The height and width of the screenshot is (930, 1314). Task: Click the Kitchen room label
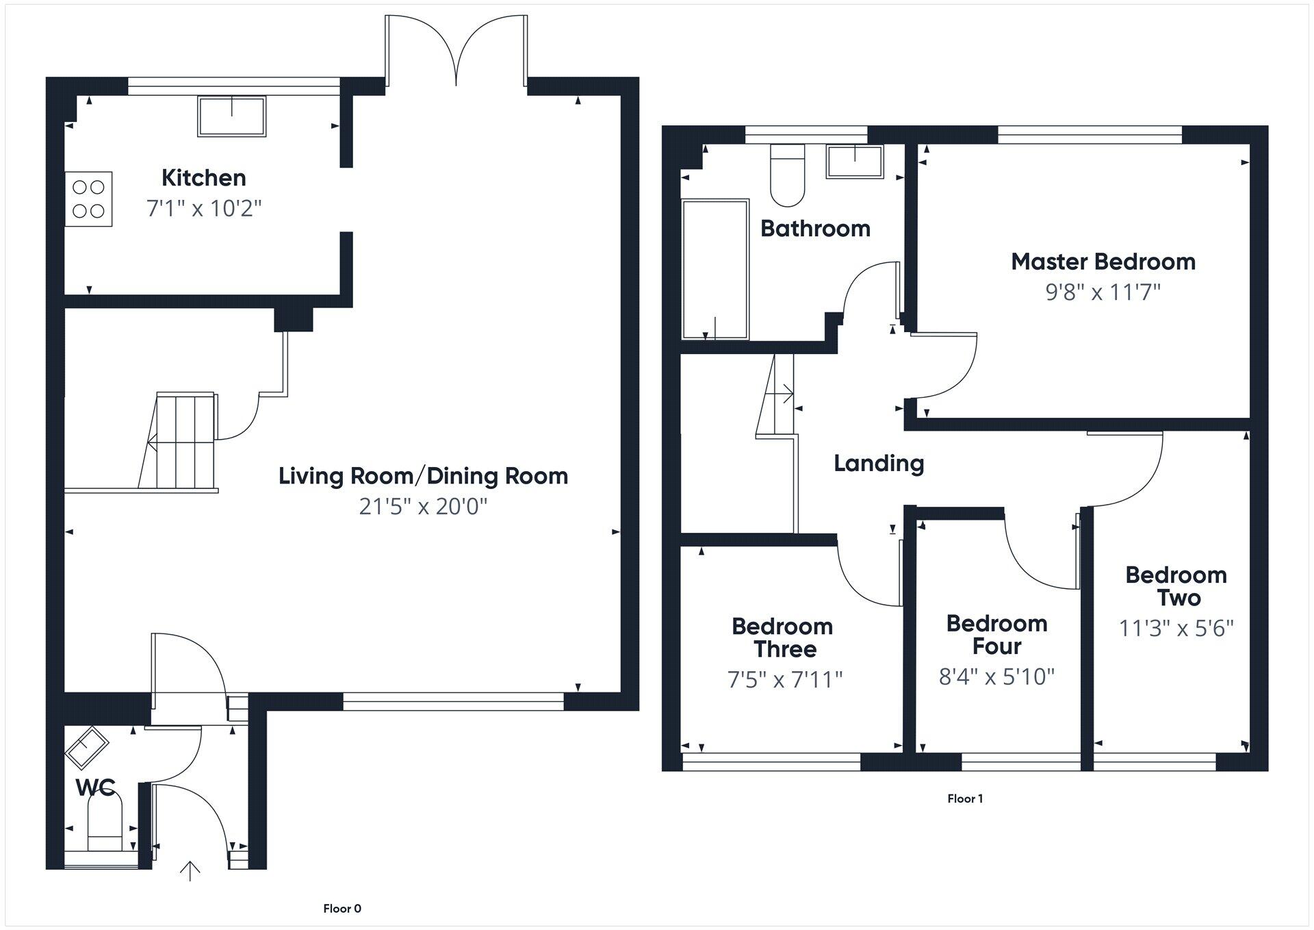[203, 178]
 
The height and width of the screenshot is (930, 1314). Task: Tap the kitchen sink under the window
[231, 116]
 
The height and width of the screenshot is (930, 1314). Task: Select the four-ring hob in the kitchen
[88, 199]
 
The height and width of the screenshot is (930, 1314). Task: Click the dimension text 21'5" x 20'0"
[423, 507]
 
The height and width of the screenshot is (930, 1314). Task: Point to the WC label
[95, 788]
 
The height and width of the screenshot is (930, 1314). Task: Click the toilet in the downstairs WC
[105, 822]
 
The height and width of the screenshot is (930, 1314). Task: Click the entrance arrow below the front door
[190, 870]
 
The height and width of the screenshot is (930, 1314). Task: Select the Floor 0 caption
[342, 909]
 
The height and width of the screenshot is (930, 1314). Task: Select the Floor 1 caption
[965, 799]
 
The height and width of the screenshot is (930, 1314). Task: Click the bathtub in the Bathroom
[715, 268]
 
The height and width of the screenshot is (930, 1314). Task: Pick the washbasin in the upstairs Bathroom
[854, 162]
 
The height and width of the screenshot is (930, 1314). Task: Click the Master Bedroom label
[1103, 262]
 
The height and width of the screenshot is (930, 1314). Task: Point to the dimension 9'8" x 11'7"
[1103, 292]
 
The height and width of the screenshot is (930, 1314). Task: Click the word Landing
[879, 464]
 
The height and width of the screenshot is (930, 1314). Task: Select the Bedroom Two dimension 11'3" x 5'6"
[1176, 628]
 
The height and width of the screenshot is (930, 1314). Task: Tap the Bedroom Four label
[996, 634]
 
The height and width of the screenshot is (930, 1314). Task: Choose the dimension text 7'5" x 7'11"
[784, 679]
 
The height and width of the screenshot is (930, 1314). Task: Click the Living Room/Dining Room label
[423, 476]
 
